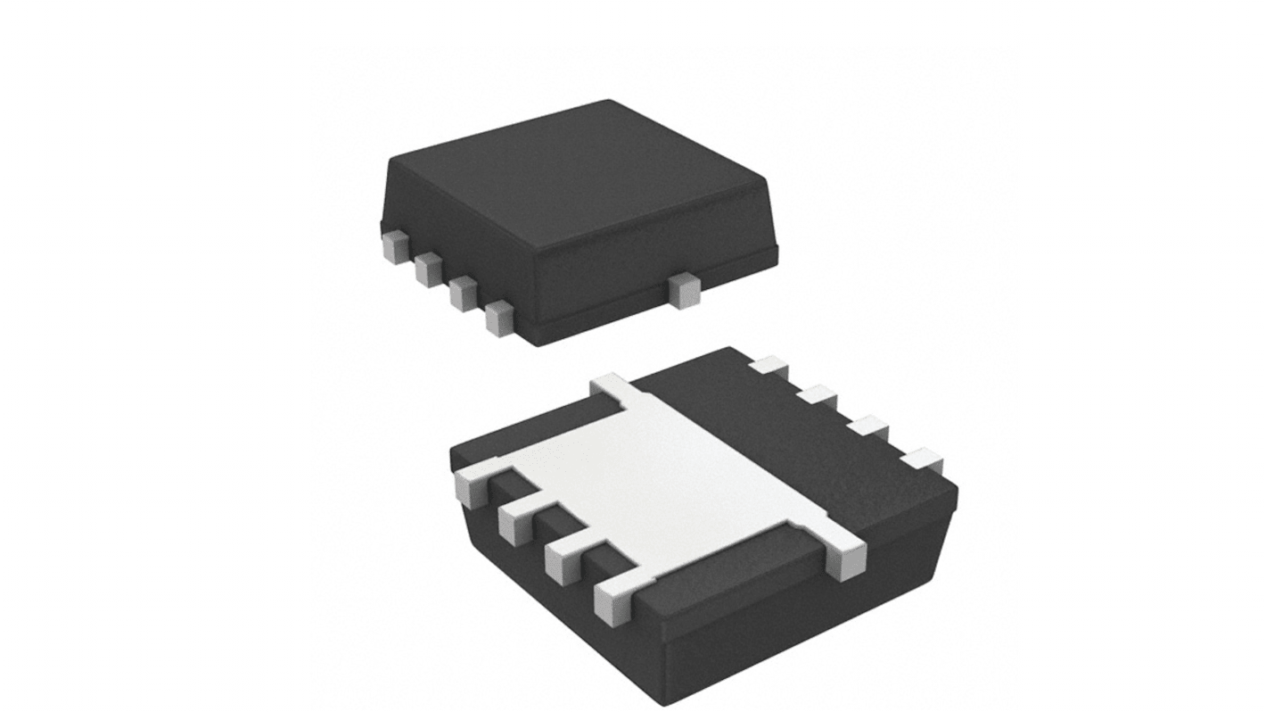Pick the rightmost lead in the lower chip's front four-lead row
[x=612, y=600]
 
